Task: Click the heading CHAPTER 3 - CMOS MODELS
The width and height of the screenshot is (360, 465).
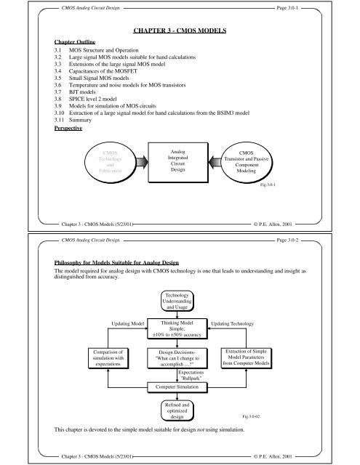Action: point(180,31)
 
